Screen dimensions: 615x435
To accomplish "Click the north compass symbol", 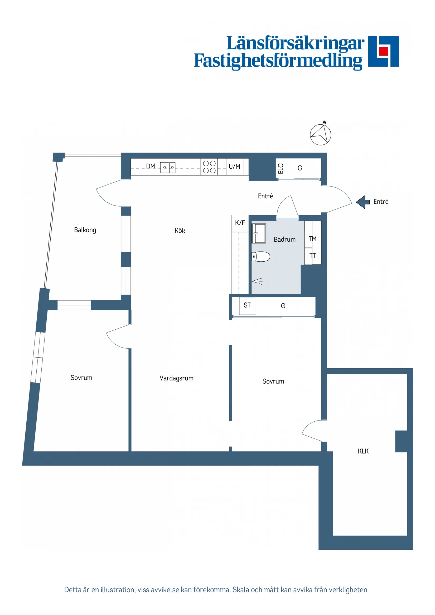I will [x=320, y=134].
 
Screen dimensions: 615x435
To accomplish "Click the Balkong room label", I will [x=85, y=230].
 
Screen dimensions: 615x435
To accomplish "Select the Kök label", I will [x=180, y=231].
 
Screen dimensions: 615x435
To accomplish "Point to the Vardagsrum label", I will [x=176, y=378].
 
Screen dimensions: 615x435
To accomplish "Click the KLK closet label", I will [x=363, y=451].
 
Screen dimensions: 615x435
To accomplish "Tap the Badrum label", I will [x=284, y=240].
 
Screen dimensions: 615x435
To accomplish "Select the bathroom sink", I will [x=259, y=233].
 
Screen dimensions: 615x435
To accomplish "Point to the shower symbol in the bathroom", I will [x=257, y=281].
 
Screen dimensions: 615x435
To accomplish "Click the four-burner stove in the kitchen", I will [x=209, y=167].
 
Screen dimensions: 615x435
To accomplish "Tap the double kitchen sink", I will [x=168, y=167].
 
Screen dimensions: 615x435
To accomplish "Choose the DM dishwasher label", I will [x=151, y=166].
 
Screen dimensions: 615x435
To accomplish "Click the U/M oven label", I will [x=234, y=166].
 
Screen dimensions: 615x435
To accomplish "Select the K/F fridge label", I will [x=240, y=223].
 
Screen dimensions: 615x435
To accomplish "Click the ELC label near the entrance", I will [x=281, y=168].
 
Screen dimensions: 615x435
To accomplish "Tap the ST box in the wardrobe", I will [x=247, y=305].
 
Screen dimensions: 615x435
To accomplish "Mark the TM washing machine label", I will [x=312, y=238].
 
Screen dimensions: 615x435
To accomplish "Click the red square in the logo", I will [x=384, y=51].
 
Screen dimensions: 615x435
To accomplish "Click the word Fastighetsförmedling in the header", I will [x=278, y=61].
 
